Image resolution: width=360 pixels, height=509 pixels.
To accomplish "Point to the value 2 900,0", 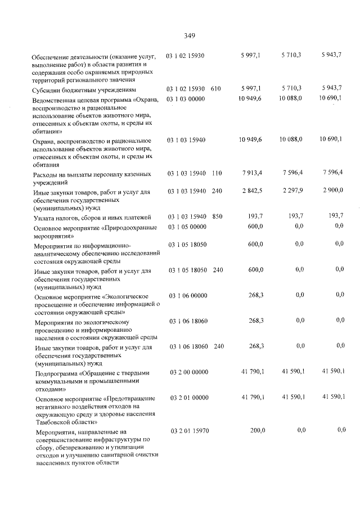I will click(x=333, y=191).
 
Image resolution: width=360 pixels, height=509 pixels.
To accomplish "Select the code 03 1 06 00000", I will click(x=187, y=295).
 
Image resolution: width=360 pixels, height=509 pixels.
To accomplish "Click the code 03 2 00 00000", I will click(x=188, y=372).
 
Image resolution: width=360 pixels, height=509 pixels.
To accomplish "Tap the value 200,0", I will click(x=257, y=430).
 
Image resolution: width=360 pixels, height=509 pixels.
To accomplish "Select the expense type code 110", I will click(x=217, y=174).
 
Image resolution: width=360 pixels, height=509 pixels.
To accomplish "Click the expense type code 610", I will click(x=215, y=89).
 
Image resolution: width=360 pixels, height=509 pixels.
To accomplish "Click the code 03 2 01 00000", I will click(x=188, y=398).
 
